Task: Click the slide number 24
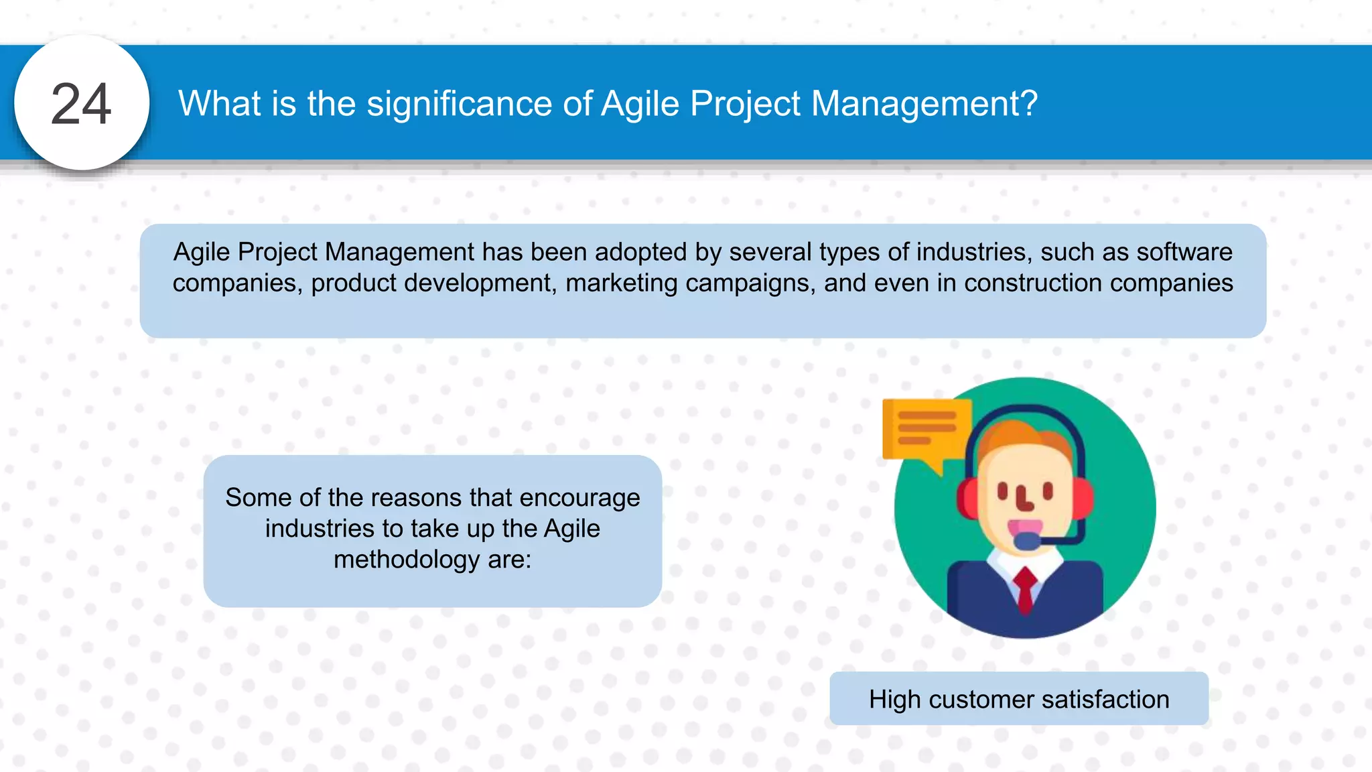click(81, 104)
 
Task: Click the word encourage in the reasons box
click(579, 498)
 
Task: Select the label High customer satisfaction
click(1018, 699)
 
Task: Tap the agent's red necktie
click(1025, 590)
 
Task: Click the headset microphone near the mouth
click(1026, 540)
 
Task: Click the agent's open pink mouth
click(1025, 525)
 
